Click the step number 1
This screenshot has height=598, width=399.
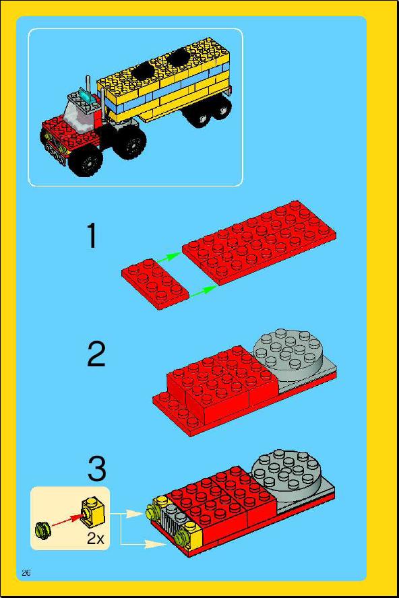pyautogui.click(x=92, y=236)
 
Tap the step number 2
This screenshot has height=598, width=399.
pyautogui.click(x=96, y=354)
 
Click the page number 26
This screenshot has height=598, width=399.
pyautogui.click(x=26, y=572)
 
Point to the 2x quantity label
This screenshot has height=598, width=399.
pyautogui.click(x=96, y=539)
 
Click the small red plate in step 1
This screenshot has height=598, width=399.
pyautogui.click(x=156, y=284)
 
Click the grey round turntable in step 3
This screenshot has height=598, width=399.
pyautogui.click(x=287, y=473)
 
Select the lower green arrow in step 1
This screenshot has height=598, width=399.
pyautogui.click(x=202, y=291)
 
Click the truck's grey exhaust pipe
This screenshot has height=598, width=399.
pyautogui.click(x=88, y=84)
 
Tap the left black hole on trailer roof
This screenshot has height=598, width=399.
pyautogui.click(x=143, y=70)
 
